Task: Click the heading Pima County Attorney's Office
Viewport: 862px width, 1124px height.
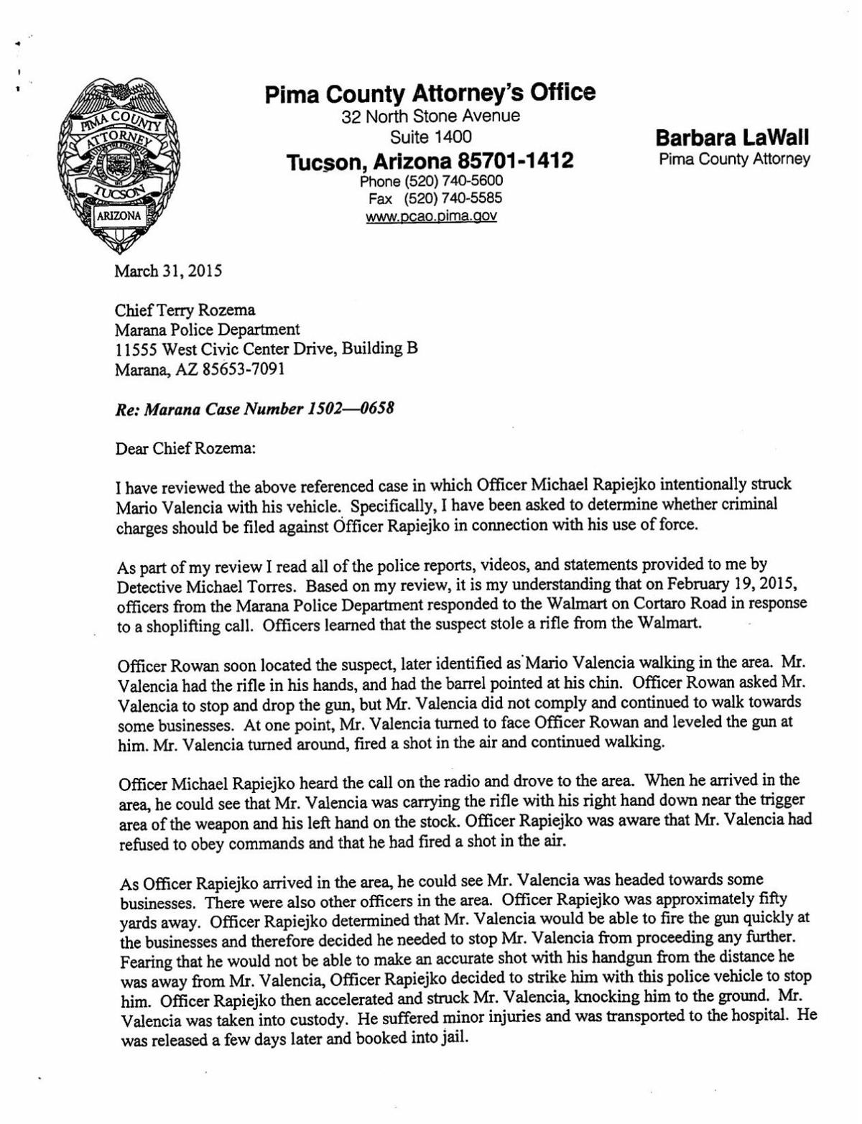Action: (x=430, y=93)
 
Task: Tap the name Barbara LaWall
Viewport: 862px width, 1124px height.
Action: (x=733, y=136)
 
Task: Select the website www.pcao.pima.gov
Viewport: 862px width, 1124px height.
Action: (x=431, y=215)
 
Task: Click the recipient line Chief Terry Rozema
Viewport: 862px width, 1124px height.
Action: (x=185, y=311)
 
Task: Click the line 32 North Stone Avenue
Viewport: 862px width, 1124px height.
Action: (x=431, y=116)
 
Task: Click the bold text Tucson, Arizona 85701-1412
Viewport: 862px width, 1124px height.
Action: (x=430, y=160)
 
